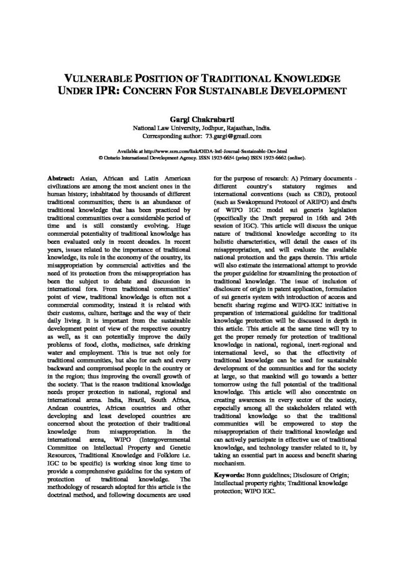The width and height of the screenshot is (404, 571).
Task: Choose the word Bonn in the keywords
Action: pos(261,474)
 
